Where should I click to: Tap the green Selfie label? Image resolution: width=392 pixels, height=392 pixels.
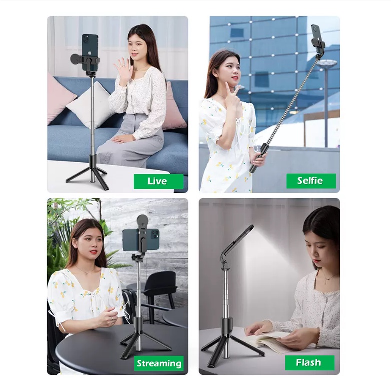pos(311,181)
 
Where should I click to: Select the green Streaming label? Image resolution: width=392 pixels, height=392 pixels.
pos(159,363)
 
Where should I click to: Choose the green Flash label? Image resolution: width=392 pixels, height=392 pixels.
pos(310,363)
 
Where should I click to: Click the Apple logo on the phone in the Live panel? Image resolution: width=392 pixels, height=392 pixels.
pos(89,53)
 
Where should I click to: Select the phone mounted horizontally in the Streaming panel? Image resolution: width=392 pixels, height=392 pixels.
pos(141,239)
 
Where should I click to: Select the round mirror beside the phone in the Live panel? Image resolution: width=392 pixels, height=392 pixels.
pos(76,60)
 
